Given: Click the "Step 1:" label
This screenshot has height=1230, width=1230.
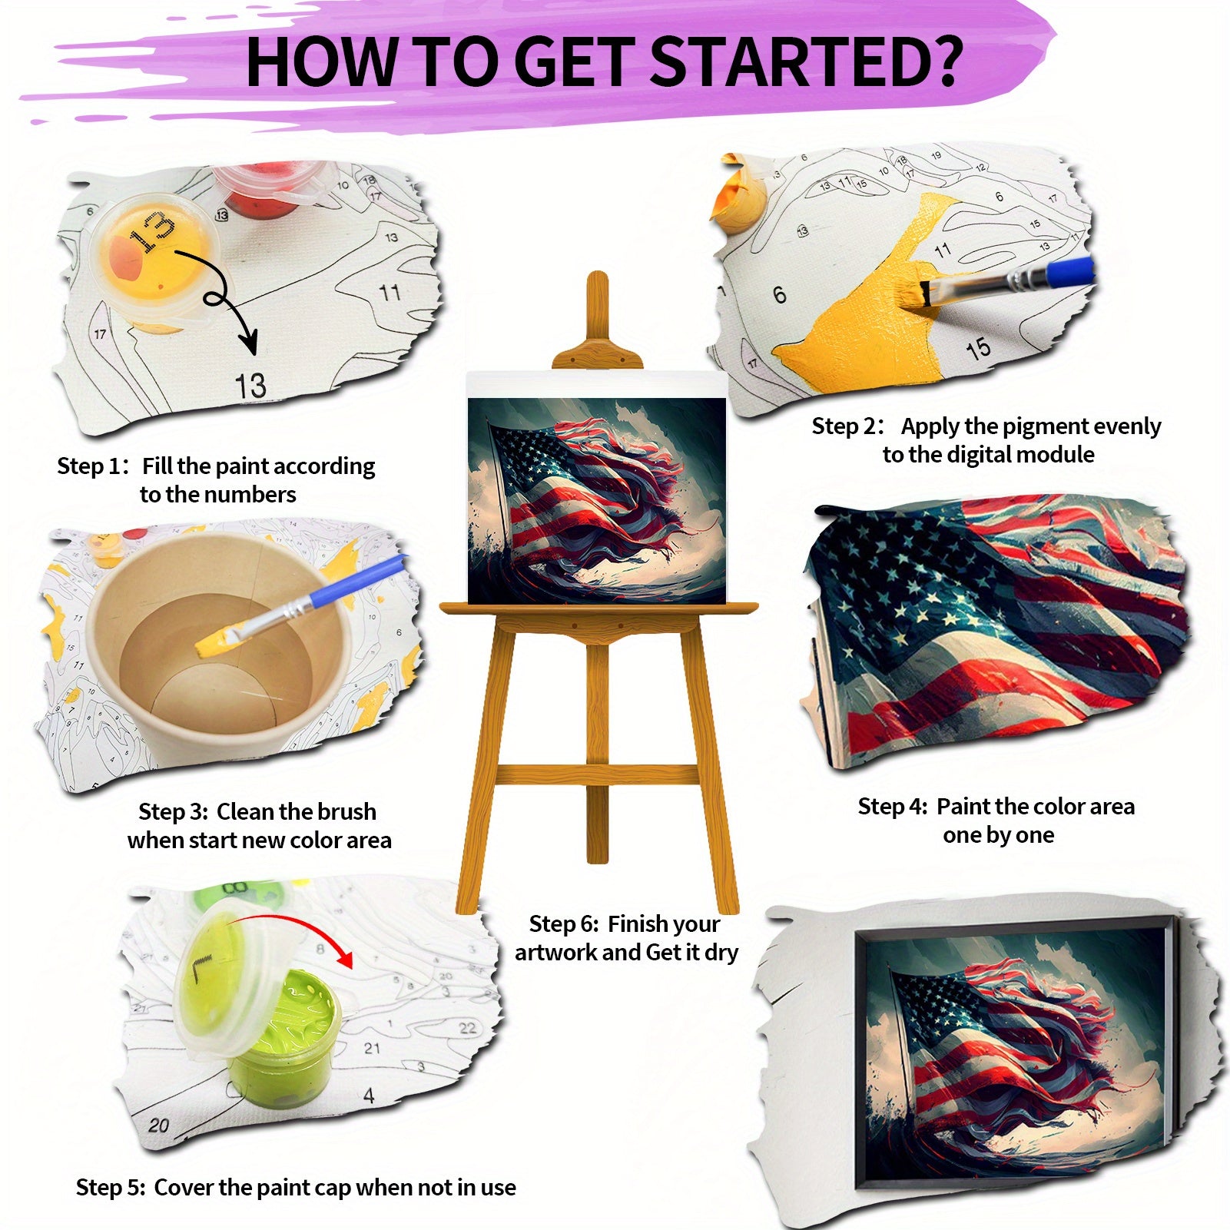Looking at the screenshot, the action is point(93,466).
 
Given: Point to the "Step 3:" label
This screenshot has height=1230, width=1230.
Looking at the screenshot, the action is point(174,812).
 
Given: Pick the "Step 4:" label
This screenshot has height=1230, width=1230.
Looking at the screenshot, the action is point(893,807).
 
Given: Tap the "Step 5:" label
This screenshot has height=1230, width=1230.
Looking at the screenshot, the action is point(111,1188).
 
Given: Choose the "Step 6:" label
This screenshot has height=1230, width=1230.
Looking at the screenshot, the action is point(565,923).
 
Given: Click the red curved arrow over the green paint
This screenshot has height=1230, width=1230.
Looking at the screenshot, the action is point(292,922).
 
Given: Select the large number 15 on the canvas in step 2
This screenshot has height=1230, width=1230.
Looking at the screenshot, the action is point(978,350).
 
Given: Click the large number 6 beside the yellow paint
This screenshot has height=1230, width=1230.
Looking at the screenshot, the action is point(780,294).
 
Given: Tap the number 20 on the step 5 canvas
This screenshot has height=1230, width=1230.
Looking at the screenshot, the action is point(158,1125).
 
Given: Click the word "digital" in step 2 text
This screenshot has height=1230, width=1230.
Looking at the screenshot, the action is point(979,455).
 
